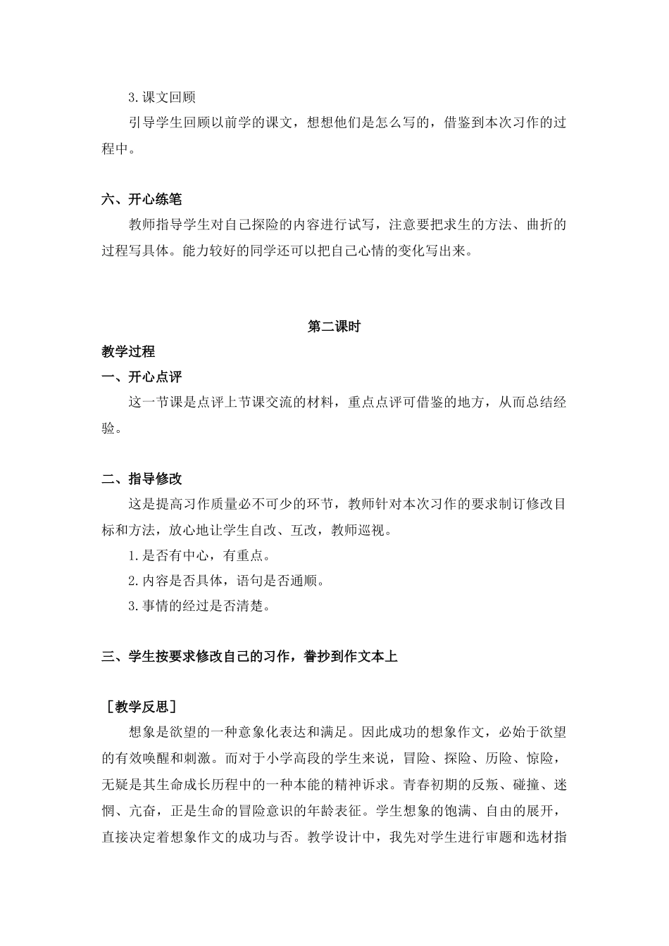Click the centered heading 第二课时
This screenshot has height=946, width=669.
pos(334,327)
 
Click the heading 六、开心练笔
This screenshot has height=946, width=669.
pos(142,199)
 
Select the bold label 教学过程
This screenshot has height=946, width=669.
pos(128,352)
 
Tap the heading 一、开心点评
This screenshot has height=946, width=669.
pos(142,377)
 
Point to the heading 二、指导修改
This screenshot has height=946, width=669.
pos(142,479)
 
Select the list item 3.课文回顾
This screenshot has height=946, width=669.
pos(162,97)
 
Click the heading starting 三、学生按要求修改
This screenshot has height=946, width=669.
pos(250,657)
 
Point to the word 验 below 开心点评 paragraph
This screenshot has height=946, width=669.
pos(108,428)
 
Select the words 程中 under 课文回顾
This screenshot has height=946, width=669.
pos(115,149)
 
